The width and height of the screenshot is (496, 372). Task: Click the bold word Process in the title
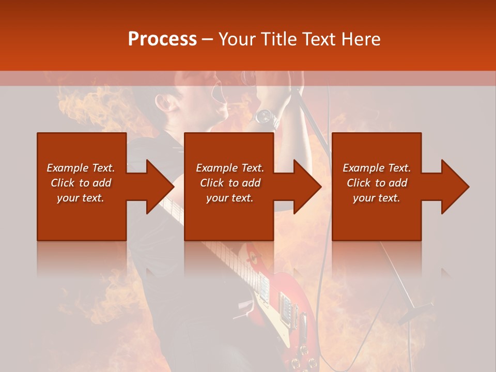click(x=162, y=39)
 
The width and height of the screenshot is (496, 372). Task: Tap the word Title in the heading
click(x=277, y=39)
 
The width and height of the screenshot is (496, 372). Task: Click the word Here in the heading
click(x=361, y=39)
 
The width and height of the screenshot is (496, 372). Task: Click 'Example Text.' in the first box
click(x=81, y=168)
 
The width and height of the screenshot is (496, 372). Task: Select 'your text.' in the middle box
click(x=229, y=198)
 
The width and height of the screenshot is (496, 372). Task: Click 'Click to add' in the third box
click(x=377, y=183)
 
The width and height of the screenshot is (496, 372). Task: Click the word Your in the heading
click(x=236, y=39)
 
